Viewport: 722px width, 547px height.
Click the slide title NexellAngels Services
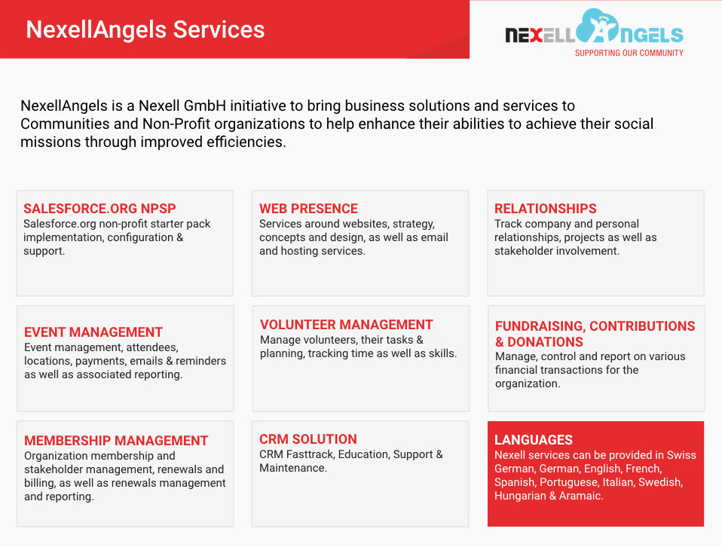coord(145,29)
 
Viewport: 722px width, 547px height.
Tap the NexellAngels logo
coord(594,30)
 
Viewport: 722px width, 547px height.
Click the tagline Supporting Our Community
coord(629,53)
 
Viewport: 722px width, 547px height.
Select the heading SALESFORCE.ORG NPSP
coord(99,209)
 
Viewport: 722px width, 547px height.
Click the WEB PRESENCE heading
coord(308,209)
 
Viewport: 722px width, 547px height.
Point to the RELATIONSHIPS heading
coord(545,209)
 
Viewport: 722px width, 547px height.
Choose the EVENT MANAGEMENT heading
coord(93,332)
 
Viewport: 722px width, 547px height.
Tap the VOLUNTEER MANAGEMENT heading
coord(346,325)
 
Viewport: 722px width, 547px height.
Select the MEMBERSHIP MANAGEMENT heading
coord(116,441)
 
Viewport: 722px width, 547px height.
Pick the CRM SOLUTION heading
coord(308,439)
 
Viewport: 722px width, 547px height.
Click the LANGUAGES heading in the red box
coord(534,440)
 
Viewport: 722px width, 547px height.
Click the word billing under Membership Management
coord(41,483)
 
